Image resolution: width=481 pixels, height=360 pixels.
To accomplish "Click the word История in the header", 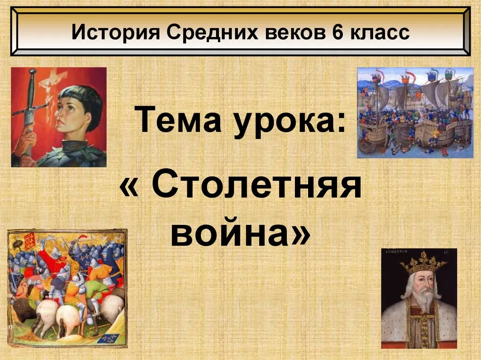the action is (x=116, y=32).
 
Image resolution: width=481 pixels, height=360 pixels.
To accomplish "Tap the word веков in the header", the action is (x=295, y=32).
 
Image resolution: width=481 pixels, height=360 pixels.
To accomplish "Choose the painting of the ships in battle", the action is (x=415, y=113).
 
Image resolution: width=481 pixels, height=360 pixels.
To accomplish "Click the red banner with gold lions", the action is (x=31, y=241).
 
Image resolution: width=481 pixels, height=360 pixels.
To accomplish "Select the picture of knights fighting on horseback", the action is (x=67, y=288).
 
